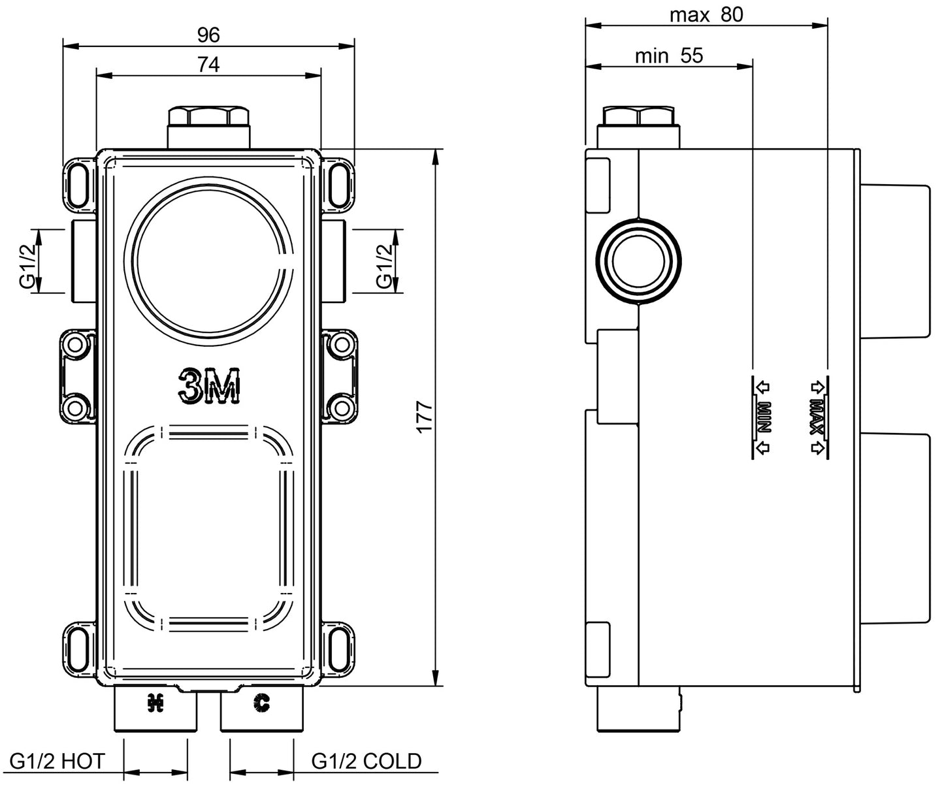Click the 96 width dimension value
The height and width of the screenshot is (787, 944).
[x=208, y=35]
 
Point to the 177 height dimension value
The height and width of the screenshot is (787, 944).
[x=425, y=417]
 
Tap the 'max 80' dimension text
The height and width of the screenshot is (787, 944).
[x=706, y=14]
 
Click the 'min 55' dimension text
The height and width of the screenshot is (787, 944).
[x=669, y=56]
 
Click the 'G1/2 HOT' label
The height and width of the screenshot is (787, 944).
[x=57, y=761]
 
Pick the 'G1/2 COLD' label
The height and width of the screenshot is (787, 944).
[x=366, y=761]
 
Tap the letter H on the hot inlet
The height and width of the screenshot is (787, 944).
[x=155, y=703]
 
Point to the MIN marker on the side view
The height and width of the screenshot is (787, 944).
[x=762, y=417]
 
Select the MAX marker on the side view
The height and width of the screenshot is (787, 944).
[x=817, y=417]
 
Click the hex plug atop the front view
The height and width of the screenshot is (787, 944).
[x=208, y=118]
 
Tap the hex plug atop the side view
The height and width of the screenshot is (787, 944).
[x=639, y=118]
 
